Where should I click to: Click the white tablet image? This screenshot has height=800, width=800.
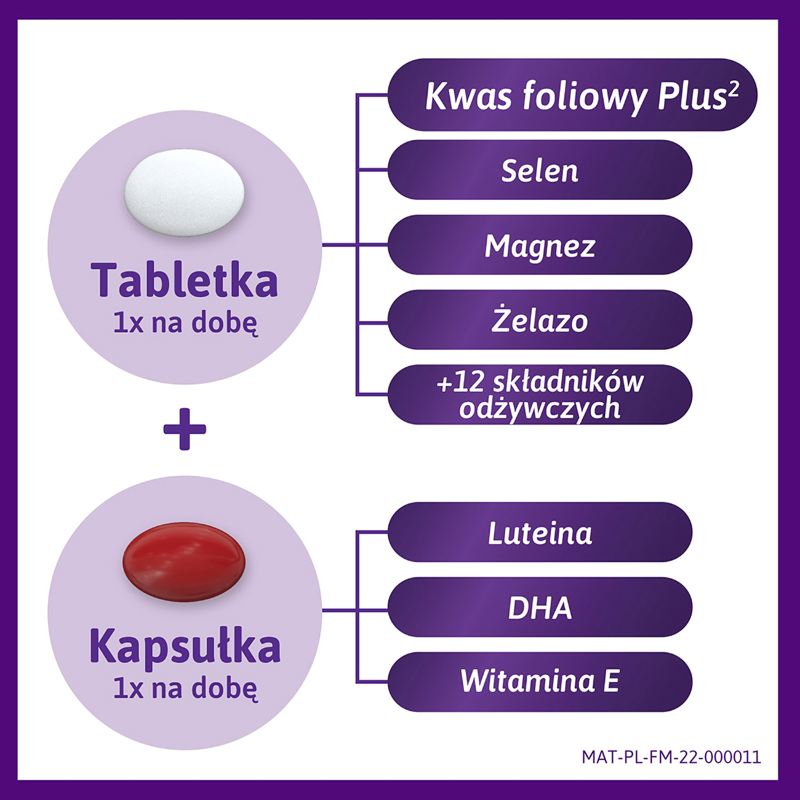[x=185, y=193]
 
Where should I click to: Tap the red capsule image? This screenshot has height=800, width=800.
[x=184, y=562]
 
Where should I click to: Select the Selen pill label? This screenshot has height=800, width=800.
[x=540, y=170]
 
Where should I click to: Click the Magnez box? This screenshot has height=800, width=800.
[x=540, y=245]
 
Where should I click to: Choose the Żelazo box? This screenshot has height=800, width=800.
[x=540, y=320]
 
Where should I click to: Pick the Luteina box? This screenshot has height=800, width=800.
[x=540, y=532]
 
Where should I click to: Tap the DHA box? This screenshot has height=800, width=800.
[x=540, y=607]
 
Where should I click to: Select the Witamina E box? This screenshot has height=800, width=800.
[x=540, y=682]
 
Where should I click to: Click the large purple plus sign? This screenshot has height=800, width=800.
[x=185, y=429]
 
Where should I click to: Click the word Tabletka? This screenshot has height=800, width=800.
[x=185, y=281]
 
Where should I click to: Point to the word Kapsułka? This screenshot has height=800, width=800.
[x=185, y=646]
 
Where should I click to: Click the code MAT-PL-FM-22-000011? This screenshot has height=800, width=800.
[x=671, y=757]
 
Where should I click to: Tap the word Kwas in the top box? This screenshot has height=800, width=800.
[x=469, y=96]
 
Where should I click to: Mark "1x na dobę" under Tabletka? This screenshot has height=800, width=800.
[x=185, y=323]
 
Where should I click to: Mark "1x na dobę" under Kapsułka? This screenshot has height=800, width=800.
[x=185, y=689]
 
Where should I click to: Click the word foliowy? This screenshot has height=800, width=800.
[x=584, y=97]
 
